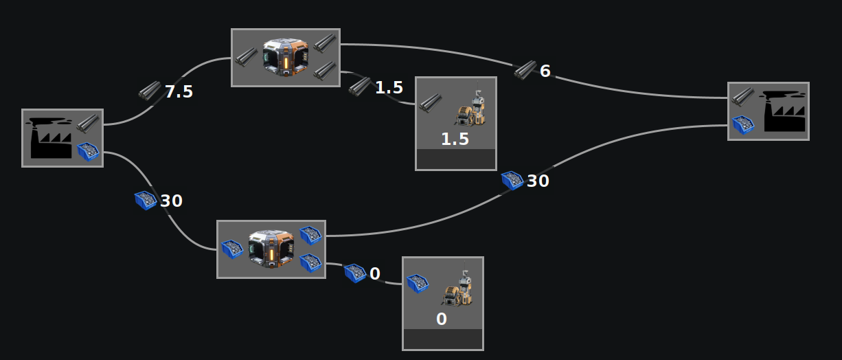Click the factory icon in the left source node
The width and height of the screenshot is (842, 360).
pyautogui.click(x=49, y=139)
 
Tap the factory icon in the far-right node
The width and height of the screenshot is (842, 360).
pyautogui.click(x=784, y=111)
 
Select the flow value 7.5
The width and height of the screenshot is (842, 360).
pyautogui.click(x=179, y=91)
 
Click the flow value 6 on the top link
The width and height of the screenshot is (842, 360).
pyautogui.click(x=545, y=71)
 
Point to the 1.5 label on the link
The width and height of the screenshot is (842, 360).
pyautogui.click(x=389, y=87)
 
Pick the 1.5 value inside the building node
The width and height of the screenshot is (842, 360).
pyautogui.click(x=455, y=139)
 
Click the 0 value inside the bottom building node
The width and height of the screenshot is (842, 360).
pyautogui.click(x=442, y=319)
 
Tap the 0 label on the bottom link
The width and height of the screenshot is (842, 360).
pyautogui.click(x=375, y=273)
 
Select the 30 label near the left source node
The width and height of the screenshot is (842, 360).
pyautogui.click(x=172, y=201)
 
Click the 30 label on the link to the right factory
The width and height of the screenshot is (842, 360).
pyautogui.click(x=538, y=181)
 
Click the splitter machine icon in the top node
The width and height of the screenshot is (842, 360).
pyautogui.click(x=286, y=57)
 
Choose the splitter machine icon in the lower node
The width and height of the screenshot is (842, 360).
pyautogui.click(x=271, y=248)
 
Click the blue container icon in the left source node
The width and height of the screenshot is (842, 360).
pyautogui.click(x=88, y=150)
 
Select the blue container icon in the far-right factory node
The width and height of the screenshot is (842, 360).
pyautogui.click(x=743, y=124)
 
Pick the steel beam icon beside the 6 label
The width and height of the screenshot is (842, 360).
pyautogui.click(x=525, y=69)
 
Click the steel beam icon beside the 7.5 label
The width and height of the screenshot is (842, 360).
pyautogui.click(x=149, y=91)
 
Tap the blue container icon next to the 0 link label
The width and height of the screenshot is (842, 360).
pyautogui.click(x=354, y=273)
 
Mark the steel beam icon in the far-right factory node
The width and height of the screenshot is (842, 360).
pyautogui.click(x=742, y=96)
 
